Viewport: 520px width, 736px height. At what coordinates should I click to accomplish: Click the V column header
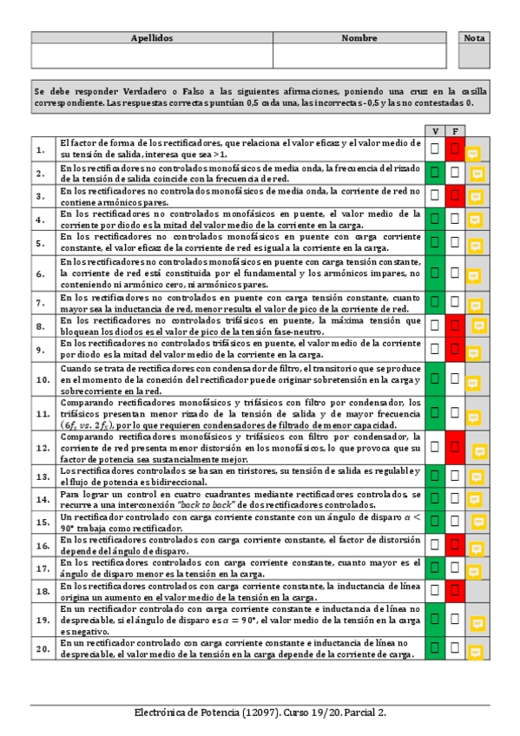436,131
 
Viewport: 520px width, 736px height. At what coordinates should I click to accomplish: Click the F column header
455,131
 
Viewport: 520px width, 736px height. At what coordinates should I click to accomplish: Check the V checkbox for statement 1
436,149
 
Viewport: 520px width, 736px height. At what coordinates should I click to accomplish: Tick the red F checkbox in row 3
455,195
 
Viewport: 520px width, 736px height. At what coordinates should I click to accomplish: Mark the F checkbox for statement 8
455,325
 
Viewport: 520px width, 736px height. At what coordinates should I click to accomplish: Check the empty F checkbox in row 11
455,414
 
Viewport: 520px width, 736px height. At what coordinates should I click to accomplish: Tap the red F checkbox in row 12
455,448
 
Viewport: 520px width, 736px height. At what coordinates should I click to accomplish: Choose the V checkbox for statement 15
436,522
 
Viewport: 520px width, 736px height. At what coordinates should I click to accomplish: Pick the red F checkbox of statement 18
455,590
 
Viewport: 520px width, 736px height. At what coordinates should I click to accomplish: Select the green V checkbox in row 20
436,648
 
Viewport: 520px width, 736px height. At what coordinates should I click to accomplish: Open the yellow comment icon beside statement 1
473,154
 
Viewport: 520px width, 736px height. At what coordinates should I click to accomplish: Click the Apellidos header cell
152,38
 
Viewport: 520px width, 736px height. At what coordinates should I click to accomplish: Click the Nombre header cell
359,38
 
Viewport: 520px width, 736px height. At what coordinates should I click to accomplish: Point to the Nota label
475,38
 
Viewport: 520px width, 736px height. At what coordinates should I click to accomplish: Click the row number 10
42,380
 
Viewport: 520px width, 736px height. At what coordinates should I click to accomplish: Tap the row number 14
42,499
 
